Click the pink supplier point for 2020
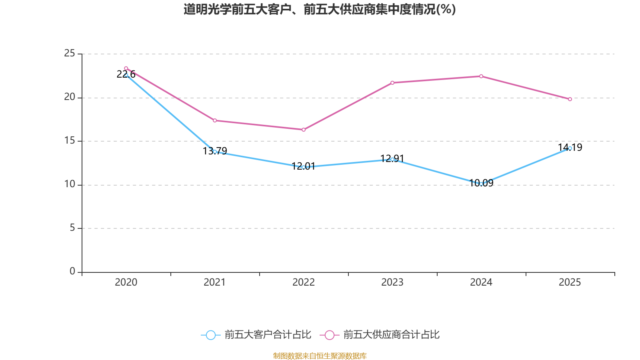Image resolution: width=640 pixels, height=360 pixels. tap(126, 68)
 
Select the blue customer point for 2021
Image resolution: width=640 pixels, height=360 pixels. tap(215, 152)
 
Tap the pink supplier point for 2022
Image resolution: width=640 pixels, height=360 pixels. tap(304, 130)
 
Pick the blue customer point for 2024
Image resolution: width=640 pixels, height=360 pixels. tap(481, 184)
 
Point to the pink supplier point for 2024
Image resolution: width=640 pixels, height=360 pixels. tap(481, 76)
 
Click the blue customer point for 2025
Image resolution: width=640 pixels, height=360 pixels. tap(570, 148)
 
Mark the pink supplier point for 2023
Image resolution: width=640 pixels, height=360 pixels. tap(392, 83)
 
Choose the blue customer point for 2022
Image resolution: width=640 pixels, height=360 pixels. tap(304, 167)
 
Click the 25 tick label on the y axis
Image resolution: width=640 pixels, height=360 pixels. tap(70, 53)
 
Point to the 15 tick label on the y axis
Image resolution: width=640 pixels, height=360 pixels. tap(70, 141)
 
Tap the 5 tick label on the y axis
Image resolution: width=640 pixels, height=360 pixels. tap(72, 228)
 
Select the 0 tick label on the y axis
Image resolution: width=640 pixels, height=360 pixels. tap(72, 272)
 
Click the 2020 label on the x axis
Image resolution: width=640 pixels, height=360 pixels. tap(126, 282)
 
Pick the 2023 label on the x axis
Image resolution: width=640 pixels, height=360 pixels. tap(392, 282)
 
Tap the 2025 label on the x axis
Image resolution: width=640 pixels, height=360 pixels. tap(570, 282)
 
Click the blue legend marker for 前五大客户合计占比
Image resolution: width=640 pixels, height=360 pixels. tap(211, 335)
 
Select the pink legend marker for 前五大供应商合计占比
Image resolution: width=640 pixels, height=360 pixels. tap(330, 335)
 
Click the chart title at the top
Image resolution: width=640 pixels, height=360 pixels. tap(320, 9)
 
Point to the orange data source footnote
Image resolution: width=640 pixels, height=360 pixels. tap(320, 356)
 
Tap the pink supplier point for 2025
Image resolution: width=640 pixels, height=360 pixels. tap(570, 99)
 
